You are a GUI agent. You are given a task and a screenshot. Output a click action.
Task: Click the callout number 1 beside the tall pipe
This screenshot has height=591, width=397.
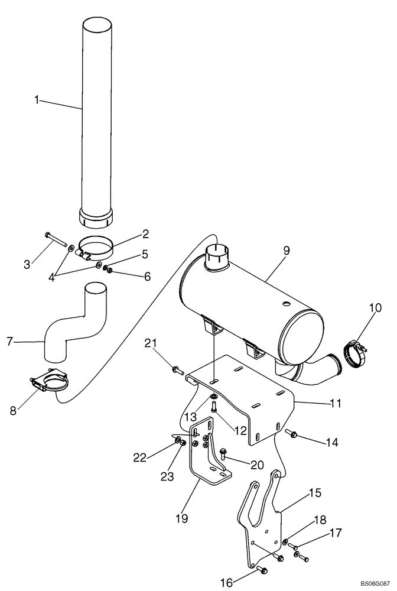coord(37,100)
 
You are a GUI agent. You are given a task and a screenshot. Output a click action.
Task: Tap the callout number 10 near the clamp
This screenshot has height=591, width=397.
coord(375,308)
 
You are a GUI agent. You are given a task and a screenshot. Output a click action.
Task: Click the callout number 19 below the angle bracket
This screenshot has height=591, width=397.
coord(181,518)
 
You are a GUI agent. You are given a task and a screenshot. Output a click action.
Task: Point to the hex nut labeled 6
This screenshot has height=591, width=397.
coord(109,271)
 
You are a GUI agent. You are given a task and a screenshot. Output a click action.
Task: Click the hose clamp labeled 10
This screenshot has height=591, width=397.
coord(356,353)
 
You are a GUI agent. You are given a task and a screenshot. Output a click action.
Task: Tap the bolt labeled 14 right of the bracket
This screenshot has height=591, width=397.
coord(291,434)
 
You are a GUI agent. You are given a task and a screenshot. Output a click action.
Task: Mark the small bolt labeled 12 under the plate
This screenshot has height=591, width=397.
coord(214,407)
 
